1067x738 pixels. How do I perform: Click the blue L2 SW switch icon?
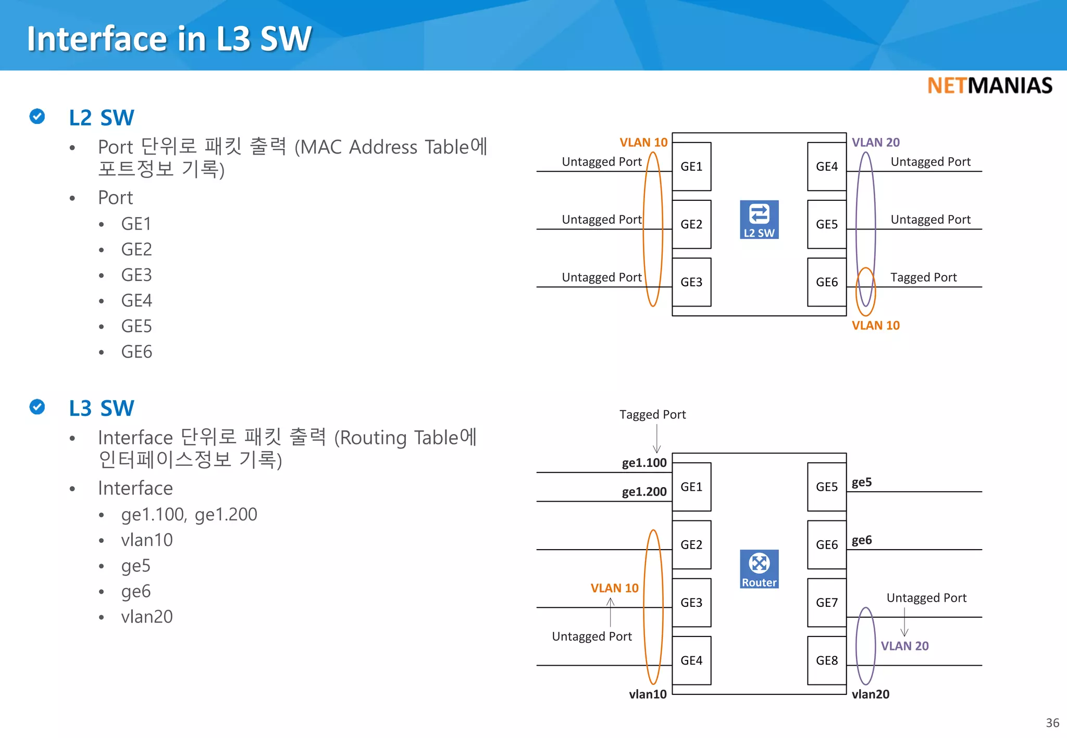click(759, 219)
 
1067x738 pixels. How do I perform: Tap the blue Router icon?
click(759, 568)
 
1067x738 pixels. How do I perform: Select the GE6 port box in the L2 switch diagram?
click(827, 282)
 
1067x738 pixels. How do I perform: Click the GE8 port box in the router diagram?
click(827, 660)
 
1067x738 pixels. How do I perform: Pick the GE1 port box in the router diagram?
click(691, 487)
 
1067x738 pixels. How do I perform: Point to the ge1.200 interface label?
click(644, 492)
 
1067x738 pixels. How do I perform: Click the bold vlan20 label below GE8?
click(870, 694)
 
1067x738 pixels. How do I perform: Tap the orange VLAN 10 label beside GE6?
click(875, 325)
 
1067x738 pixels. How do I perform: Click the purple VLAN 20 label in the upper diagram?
click(875, 142)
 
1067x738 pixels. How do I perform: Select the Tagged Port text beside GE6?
click(923, 277)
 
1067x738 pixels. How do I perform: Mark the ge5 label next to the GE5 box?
click(861, 482)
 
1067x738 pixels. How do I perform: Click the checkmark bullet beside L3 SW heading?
click(37, 406)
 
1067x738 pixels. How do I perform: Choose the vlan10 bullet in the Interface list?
click(146, 540)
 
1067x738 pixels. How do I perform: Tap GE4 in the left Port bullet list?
click(137, 300)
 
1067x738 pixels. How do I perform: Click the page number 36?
click(1052, 723)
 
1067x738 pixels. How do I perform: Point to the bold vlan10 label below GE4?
click(647, 694)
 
